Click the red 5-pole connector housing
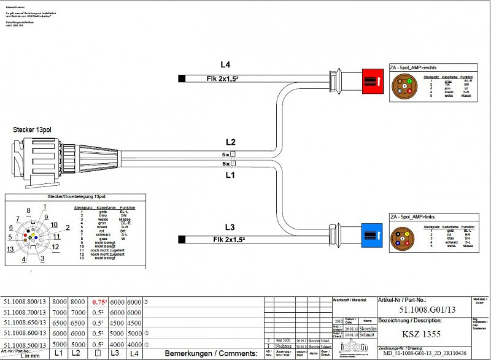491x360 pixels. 372,80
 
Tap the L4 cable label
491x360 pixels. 225,64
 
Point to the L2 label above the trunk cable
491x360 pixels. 230,142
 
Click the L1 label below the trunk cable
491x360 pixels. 230,175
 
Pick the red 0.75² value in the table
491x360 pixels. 99,302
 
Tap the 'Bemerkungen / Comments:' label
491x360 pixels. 211,354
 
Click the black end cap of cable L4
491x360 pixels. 182,78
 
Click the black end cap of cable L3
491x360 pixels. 181,239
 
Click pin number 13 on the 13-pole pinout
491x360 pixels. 10,249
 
